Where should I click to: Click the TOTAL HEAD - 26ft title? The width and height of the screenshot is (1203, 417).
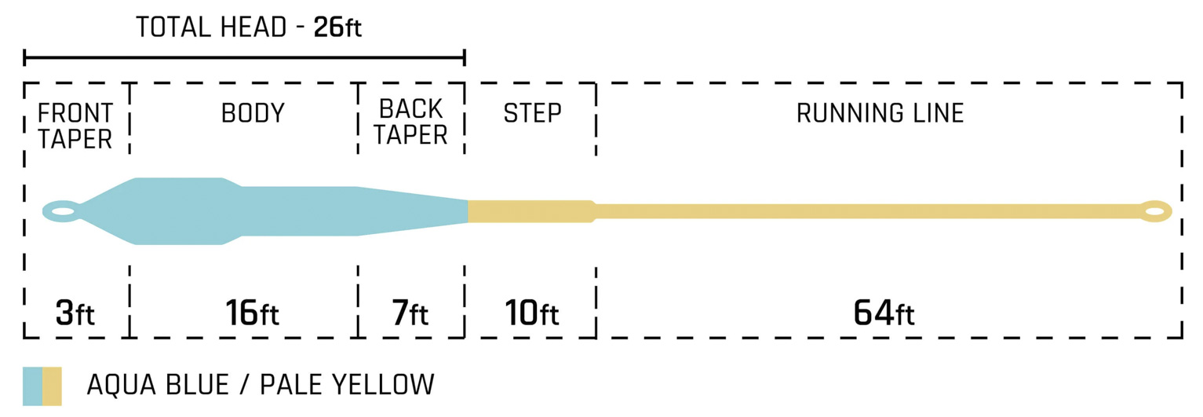click(x=248, y=28)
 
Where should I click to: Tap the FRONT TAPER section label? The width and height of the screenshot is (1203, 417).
click(x=75, y=126)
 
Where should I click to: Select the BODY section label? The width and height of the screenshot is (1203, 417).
click(x=253, y=113)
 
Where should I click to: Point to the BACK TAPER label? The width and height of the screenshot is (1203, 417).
click(x=410, y=122)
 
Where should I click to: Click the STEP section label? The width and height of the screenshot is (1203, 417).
click(x=532, y=113)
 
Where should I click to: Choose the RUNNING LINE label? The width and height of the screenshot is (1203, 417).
click(x=880, y=113)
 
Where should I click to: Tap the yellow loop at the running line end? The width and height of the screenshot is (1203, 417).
click(x=1155, y=210)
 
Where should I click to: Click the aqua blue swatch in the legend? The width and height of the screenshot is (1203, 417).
click(x=32, y=386)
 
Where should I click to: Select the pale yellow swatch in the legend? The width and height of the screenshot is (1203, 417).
click(x=52, y=386)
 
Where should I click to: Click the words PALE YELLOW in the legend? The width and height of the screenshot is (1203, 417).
click(x=347, y=386)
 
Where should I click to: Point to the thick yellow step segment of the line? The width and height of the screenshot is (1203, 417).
click(x=530, y=210)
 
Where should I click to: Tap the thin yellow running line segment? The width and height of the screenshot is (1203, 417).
click(x=863, y=210)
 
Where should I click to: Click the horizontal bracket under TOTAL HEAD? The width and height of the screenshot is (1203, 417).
click(x=244, y=57)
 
